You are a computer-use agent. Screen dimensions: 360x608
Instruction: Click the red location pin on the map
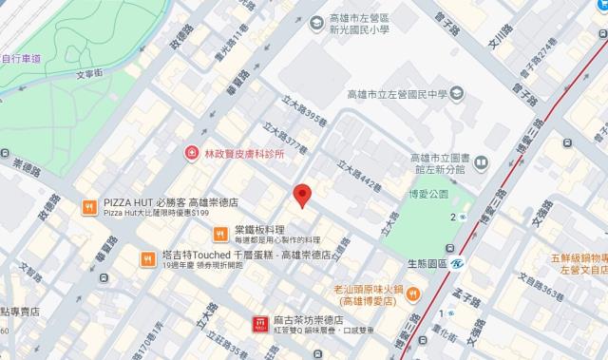tap(302, 195)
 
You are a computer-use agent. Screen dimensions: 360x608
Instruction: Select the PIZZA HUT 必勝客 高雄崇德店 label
tap(170, 203)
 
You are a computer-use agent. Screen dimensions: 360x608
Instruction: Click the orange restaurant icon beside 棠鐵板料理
tap(219, 231)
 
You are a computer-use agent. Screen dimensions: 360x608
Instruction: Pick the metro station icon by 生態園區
tap(456, 265)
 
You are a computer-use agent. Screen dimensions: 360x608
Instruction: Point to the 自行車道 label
tap(21, 58)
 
